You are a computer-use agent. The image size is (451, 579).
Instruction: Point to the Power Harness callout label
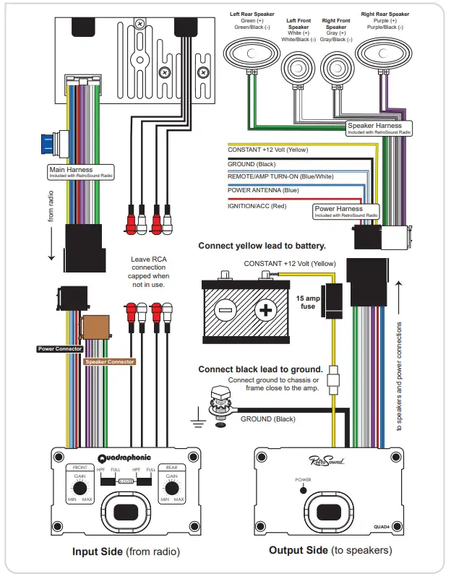click(345, 211)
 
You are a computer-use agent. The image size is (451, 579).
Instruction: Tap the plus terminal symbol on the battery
click(267, 311)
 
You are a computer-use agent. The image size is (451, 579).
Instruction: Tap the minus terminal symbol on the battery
click(225, 311)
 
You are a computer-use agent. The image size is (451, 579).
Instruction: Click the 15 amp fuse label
click(308, 301)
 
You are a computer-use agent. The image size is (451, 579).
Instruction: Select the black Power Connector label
click(60, 349)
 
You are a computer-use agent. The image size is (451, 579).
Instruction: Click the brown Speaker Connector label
click(110, 361)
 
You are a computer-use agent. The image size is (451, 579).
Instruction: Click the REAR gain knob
click(171, 489)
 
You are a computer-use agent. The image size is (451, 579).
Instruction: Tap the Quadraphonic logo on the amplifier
click(124, 457)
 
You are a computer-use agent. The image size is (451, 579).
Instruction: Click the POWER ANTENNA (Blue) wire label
click(263, 191)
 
